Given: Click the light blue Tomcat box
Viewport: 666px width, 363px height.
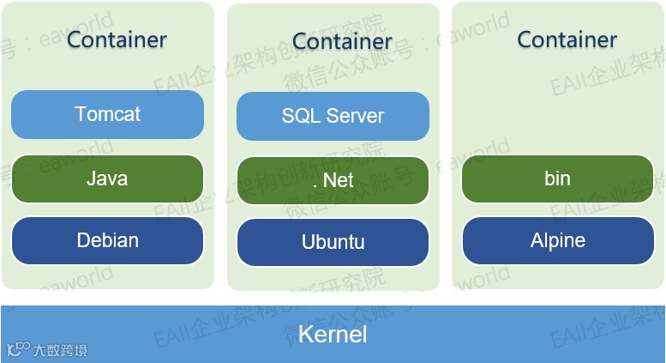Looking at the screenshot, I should [107, 114].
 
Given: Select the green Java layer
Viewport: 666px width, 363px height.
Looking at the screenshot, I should [107, 178].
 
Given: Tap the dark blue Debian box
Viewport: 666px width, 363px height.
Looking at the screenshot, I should [107, 240].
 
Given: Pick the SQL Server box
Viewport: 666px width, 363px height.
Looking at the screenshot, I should [333, 116].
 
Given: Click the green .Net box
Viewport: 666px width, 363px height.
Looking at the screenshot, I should [333, 180].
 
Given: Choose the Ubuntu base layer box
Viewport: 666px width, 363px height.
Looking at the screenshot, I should [333, 242].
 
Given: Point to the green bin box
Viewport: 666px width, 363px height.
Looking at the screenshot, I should [557, 178].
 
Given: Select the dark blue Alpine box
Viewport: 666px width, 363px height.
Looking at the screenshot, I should [557, 240].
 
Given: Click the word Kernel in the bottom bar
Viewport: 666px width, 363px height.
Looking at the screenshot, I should [333, 334].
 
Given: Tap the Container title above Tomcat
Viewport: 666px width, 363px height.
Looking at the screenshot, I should [117, 39].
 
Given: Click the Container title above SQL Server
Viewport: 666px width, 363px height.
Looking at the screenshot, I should [342, 40].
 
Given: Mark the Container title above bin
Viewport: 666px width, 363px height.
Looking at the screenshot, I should [567, 39].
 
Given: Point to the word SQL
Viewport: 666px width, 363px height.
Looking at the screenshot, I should [298, 116].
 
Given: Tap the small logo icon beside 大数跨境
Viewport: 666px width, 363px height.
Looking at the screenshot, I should [18, 349].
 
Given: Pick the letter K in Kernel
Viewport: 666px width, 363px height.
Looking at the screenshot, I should [304, 334].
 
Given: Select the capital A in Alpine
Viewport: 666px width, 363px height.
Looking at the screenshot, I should [537, 240].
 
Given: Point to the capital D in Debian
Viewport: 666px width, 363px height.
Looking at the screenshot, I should [83, 240].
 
